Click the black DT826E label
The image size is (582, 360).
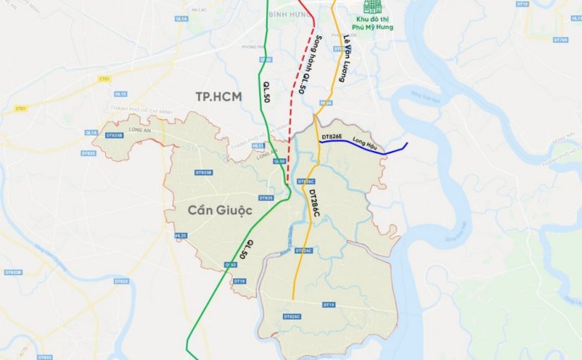pos(332,136)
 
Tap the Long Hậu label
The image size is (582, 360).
pos(365,140)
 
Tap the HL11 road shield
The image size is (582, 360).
pos(259,145)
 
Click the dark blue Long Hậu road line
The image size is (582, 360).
pos(381,149)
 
